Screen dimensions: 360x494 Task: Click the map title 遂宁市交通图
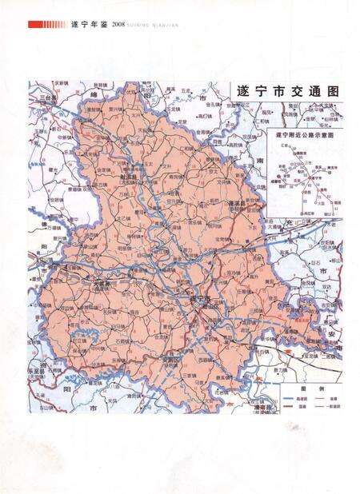point(284,92)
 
